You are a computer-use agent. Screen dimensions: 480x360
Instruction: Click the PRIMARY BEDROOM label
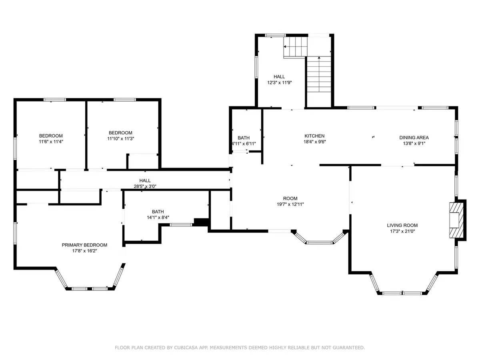click(84, 245)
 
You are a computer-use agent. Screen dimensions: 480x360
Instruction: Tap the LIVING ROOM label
click(402, 225)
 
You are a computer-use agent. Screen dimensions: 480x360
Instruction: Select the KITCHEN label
click(314, 136)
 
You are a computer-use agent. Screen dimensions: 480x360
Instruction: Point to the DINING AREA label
click(414, 138)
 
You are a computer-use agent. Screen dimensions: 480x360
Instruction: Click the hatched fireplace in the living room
click(456, 220)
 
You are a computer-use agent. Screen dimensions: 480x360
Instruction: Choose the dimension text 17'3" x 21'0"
click(402, 231)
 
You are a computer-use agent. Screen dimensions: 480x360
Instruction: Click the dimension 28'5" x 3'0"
click(145, 186)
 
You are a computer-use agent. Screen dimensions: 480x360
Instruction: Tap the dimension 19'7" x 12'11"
click(290, 204)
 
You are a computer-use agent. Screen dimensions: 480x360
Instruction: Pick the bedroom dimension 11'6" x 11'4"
click(51, 142)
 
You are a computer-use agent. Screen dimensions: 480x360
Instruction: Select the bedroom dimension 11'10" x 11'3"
click(120, 138)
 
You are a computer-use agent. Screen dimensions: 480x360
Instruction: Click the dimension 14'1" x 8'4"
click(158, 218)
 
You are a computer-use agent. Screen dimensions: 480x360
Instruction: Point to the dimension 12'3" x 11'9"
click(280, 83)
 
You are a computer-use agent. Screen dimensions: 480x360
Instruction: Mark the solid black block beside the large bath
click(201, 222)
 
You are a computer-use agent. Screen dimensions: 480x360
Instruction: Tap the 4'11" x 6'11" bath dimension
click(244, 144)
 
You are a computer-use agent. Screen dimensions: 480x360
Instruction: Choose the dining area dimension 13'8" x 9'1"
click(414, 143)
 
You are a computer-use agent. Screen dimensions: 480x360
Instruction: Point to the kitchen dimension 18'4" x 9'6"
click(315, 142)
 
